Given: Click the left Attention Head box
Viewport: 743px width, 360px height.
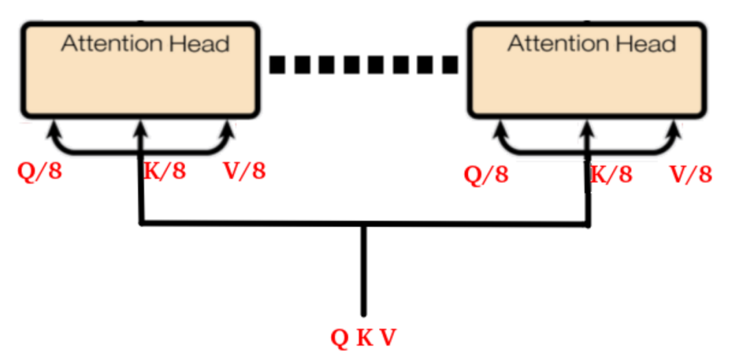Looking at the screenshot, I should pyautogui.click(x=140, y=72).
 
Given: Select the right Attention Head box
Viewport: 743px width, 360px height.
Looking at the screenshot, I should pyautogui.click(x=587, y=72).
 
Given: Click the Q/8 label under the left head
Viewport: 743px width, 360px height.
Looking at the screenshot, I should pyautogui.click(x=39, y=170).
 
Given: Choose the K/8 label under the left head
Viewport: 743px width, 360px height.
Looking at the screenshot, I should pyautogui.click(x=164, y=170).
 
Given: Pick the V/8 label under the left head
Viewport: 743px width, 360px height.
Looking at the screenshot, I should pyautogui.click(x=244, y=170).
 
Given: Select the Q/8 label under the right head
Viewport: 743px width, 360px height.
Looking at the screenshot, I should pyautogui.click(x=486, y=175).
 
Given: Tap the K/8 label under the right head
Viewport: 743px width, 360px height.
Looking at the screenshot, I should pyautogui.click(x=612, y=174).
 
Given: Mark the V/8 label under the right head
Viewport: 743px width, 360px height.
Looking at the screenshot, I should pyautogui.click(x=691, y=174).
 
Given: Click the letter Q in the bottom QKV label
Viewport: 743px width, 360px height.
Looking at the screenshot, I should pyautogui.click(x=340, y=337).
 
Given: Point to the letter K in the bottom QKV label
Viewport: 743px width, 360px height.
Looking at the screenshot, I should pyautogui.click(x=364, y=337).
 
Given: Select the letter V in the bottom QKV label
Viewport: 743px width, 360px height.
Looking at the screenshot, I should pyautogui.click(x=388, y=337).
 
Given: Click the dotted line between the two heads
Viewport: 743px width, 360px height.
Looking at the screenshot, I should pyautogui.click(x=363, y=65).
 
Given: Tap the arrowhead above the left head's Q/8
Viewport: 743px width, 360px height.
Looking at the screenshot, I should pyautogui.click(x=54, y=127).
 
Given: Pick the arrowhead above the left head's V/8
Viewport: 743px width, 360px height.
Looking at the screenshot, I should pyautogui.click(x=228, y=127).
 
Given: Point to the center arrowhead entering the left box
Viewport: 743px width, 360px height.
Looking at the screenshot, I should pyautogui.click(x=140, y=127).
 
